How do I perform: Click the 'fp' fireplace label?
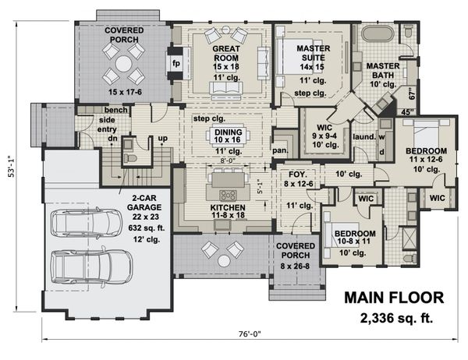pyautogui.click(x=176, y=64)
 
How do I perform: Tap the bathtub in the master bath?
pyautogui.click(x=378, y=34)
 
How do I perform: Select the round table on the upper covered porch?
pyautogui.click(x=123, y=64)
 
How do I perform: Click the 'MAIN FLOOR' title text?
pyautogui.click(x=394, y=298)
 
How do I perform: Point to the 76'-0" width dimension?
pyautogui.click(x=250, y=334)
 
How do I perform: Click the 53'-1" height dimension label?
pyautogui.click(x=12, y=167)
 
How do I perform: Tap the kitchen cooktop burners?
pyautogui.click(x=228, y=195)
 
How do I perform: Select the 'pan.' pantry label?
pyautogui.click(x=280, y=150)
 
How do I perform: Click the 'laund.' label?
pyautogui.click(x=364, y=137)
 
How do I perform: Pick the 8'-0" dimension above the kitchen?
pyautogui.click(x=228, y=161)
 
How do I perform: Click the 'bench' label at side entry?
pyautogui.click(x=115, y=110)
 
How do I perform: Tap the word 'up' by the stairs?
pyautogui.click(x=163, y=139)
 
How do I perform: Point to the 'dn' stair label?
pyautogui.click(x=112, y=139)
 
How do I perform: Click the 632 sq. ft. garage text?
pyautogui.click(x=147, y=228)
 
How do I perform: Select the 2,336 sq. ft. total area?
pyautogui.click(x=396, y=318)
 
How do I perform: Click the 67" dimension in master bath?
pyautogui.click(x=412, y=94)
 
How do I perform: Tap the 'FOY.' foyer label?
pyautogui.click(x=298, y=175)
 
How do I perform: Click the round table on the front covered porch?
pyautogui.click(x=223, y=261)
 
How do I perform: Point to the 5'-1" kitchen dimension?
pyautogui.click(x=260, y=187)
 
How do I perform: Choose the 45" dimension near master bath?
pyautogui.click(x=408, y=112)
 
